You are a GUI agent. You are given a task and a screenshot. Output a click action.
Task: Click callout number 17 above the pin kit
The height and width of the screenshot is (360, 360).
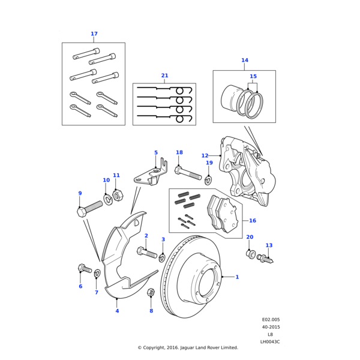coord(94,34)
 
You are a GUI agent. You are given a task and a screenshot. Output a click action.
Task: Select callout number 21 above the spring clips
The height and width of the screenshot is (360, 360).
coord(164,76)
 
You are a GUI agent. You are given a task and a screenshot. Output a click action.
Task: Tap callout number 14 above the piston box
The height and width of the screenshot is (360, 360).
coord(244,61)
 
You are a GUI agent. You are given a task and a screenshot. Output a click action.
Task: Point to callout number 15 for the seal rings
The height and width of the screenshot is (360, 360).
coord(253,77)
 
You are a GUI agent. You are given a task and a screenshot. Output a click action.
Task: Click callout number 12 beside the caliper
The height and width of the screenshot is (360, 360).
coord(221,155)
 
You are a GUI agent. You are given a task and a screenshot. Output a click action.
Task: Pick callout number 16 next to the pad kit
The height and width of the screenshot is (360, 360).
coord(253,221)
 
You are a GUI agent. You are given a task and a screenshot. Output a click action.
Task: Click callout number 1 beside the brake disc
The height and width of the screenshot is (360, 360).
coord(237,277)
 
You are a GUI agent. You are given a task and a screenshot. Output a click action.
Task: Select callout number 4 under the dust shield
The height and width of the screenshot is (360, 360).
coord(117,311)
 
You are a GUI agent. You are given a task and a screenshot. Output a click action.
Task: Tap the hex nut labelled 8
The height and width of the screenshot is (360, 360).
coord(151,292)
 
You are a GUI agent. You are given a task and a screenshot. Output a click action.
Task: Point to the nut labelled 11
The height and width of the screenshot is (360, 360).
coord(118,195)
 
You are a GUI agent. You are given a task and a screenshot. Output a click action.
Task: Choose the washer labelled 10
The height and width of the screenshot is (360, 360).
coord(109,200)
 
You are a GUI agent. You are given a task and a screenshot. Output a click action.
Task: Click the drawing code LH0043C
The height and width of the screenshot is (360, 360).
coord(269,341)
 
